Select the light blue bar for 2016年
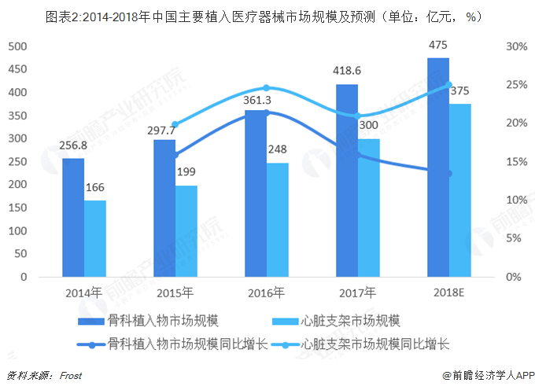tap(277, 220)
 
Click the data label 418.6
tap(347, 71)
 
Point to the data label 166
tap(95, 188)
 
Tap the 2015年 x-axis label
tap(175, 294)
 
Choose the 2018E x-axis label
tap(449, 294)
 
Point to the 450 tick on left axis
tap(17, 69)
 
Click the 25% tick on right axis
tap(516, 85)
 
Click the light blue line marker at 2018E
tap(449, 85)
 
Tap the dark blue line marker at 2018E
tap(449, 174)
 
